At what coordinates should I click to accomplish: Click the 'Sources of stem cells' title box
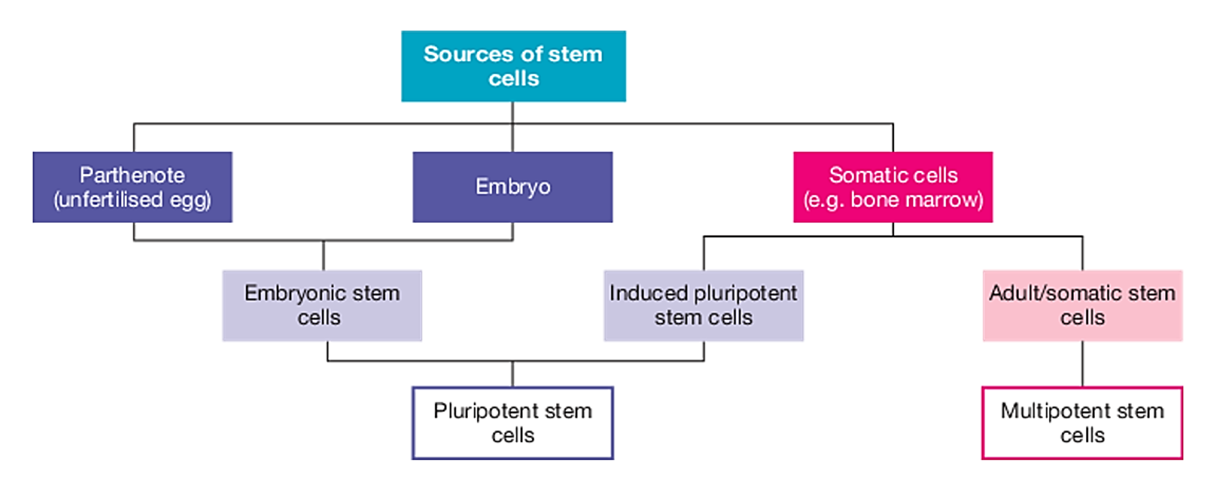[x=513, y=66]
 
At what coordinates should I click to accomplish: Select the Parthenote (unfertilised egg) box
[x=132, y=187]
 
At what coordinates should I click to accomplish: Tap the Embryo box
[x=513, y=187]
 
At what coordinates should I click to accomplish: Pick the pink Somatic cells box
[x=893, y=187]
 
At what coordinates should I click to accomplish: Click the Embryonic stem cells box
[x=322, y=305]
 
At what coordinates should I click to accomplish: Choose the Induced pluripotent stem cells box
[x=703, y=305]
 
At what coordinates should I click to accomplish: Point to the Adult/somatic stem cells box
[x=1082, y=305]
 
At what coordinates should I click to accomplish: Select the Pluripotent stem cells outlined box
[x=513, y=423]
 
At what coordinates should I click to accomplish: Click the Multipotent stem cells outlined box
[x=1082, y=423]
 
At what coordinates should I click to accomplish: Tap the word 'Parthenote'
[x=132, y=175]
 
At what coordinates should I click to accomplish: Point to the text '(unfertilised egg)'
[x=132, y=199]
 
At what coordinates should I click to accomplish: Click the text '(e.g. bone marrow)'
[x=893, y=199]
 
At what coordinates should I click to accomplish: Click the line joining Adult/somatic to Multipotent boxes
[x=1082, y=364]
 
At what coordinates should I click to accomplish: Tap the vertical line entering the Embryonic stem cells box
[x=324, y=256]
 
